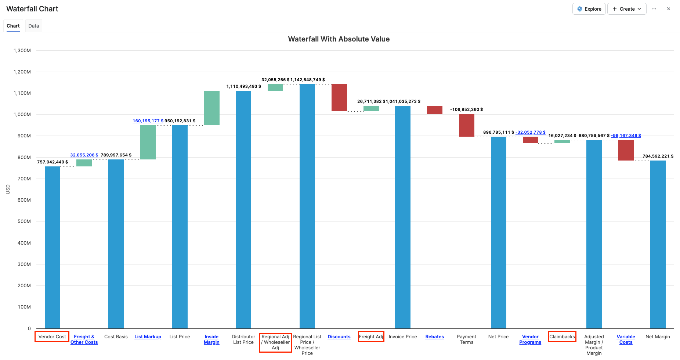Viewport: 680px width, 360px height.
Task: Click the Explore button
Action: (589, 9)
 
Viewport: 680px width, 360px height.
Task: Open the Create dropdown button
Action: (627, 9)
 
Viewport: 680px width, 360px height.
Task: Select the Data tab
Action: (33, 26)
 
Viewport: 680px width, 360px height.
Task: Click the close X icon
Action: (669, 9)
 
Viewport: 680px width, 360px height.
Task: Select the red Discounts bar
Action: (339, 98)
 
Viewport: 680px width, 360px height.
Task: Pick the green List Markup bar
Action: (148, 142)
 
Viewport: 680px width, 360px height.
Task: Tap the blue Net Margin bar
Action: (658, 244)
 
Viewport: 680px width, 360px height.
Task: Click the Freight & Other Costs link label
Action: (84, 339)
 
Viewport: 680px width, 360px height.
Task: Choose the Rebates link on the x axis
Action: (434, 337)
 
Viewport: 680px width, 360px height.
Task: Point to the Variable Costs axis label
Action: (626, 339)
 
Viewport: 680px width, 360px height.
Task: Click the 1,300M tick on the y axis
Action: (22, 50)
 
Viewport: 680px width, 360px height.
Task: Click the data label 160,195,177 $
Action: (148, 121)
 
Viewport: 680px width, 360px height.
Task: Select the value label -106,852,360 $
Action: (466, 109)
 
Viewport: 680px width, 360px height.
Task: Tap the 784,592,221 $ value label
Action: (658, 156)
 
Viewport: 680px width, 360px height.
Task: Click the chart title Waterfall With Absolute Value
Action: (339, 39)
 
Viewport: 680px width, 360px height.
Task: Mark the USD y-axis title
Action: (8, 189)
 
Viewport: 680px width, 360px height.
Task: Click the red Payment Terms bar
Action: (466, 125)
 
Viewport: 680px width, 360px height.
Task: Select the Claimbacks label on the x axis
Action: (562, 337)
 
